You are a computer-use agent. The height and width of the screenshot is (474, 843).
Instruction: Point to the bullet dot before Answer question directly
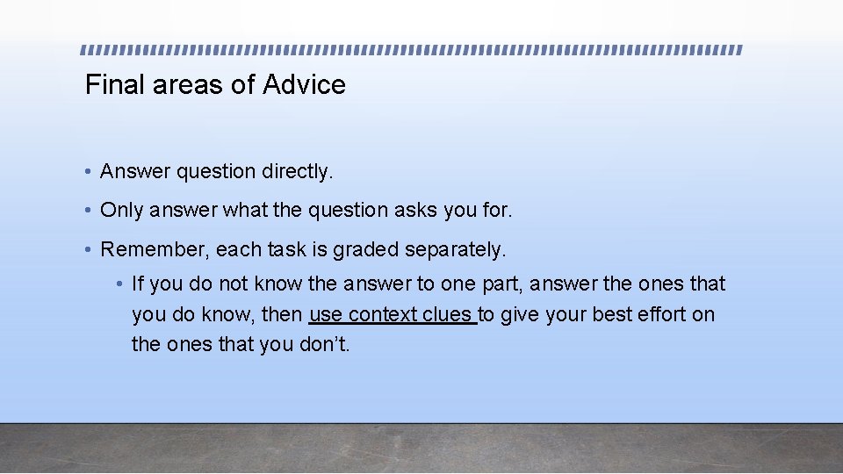(x=90, y=172)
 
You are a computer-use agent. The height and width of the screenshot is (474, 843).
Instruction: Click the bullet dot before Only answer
(x=90, y=211)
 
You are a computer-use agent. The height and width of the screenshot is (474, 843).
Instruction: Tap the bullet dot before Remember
(x=90, y=250)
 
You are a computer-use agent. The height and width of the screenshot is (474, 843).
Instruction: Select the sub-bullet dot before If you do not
(x=120, y=284)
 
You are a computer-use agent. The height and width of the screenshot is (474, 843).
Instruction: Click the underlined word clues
(x=450, y=314)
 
